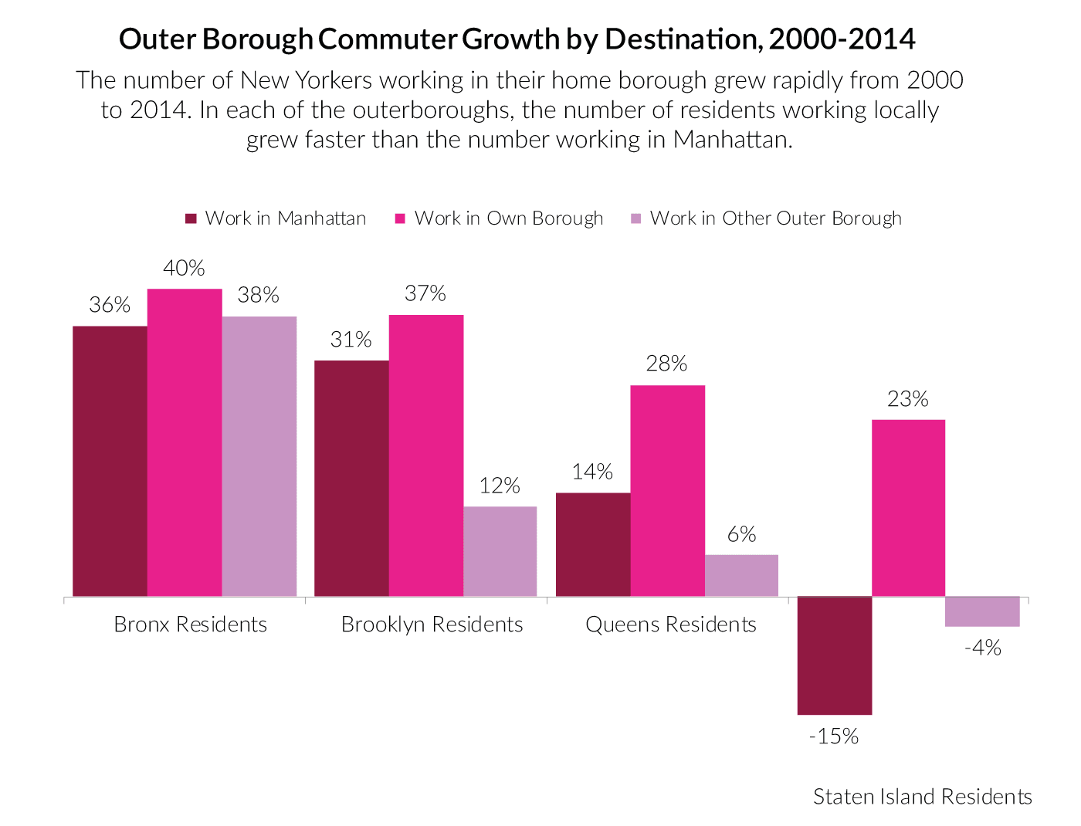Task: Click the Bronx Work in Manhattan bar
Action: (110, 461)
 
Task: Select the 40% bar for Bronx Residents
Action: (185, 442)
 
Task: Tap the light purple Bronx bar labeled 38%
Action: (259, 456)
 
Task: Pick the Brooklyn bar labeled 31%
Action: (351, 478)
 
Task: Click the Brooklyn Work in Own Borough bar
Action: (426, 455)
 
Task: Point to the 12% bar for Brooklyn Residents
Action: (500, 551)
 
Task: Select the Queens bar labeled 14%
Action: (593, 544)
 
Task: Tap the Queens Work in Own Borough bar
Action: (668, 491)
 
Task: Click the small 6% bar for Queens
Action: (741, 575)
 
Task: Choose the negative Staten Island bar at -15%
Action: (835, 655)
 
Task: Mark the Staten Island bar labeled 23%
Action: (909, 508)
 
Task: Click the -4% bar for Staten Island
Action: (983, 611)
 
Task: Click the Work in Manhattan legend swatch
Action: (191, 218)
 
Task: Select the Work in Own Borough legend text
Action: (509, 218)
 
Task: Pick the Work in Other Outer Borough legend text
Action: (776, 218)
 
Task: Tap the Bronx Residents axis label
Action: (191, 625)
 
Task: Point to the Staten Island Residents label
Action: (923, 797)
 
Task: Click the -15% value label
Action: (834, 736)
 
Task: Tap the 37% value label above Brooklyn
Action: (425, 293)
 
